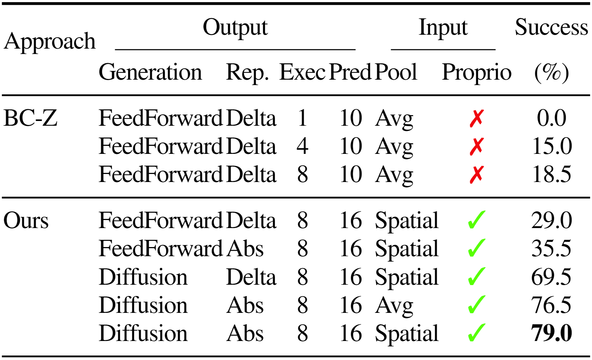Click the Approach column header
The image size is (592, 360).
[x=50, y=42]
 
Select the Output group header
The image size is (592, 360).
[x=235, y=28]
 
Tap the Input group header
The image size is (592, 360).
[x=443, y=28]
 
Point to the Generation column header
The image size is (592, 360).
[x=150, y=72]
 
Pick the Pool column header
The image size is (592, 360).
[x=396, y=72]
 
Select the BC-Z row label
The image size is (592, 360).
[x=30, y=118]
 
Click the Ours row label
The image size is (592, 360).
[x=26, y=220]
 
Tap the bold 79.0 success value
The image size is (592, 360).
[x=551, y=333]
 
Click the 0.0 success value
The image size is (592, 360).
[x=551, y=118]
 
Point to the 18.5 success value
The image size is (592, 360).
[x=551, y=174]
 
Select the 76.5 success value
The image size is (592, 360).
[x=551, y=305]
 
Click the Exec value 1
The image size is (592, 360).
[x=302, y=118]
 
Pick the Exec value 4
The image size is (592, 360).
[x=302, y=146]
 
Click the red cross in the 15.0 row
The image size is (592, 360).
[x=477, y=147]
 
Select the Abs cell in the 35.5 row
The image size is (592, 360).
[x=245, y=249]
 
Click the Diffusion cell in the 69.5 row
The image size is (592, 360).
[x=143, y=277]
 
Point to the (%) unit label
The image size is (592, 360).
[x=551, y=72]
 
